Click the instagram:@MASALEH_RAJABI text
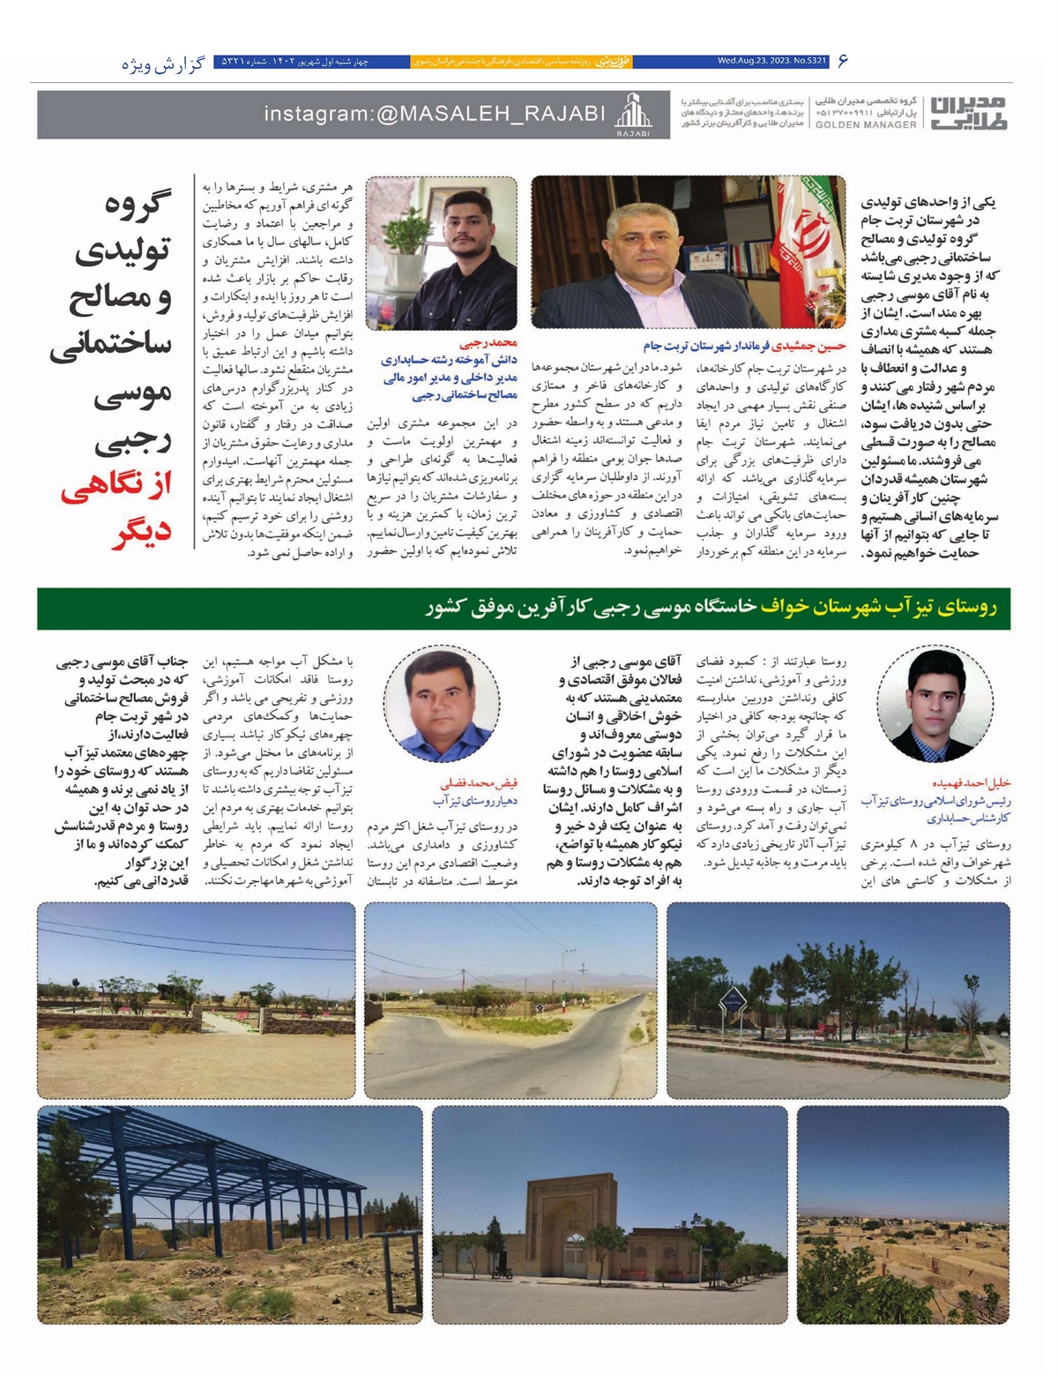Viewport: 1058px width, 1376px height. [435, 114]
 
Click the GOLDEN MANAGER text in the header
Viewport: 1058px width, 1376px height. [866, 125]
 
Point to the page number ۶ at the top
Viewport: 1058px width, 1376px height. [843, 61]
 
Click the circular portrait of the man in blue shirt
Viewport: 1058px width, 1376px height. [442, 704]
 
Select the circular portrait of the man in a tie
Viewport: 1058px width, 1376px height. [935, 704]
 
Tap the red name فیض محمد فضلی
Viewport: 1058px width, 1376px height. [479, 783]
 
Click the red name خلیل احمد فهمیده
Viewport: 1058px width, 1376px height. [971, 782]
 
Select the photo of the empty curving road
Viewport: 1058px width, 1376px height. [510, 999]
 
